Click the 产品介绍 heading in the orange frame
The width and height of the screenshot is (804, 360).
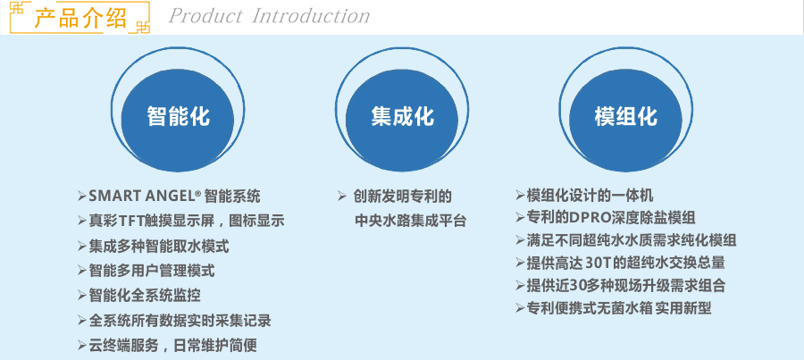(x=80, y=18)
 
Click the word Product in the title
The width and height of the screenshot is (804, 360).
(x=205, y=16)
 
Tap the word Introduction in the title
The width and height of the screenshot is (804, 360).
(x=311, y=16)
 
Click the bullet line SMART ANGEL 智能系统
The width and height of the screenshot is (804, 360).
(x=169, y=196)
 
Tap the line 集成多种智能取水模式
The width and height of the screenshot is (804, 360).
(x=154, y=247)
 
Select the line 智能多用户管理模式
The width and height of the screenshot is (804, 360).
(x=147, y=271)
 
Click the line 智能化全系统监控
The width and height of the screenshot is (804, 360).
(x=139, y=296)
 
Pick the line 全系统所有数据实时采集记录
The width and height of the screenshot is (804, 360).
(x=174, y=321)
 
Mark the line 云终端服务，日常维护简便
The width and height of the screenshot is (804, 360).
(x=167, y=345)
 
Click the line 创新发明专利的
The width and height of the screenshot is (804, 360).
(x=403, y=196)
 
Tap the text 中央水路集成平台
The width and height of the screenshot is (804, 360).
(x=410, y=221)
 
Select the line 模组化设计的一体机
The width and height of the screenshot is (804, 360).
(x=584, y=196)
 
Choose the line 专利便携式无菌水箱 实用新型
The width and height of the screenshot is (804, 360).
(x=613, y=308)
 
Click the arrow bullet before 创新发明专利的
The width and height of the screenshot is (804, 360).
(x=342, y=196)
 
